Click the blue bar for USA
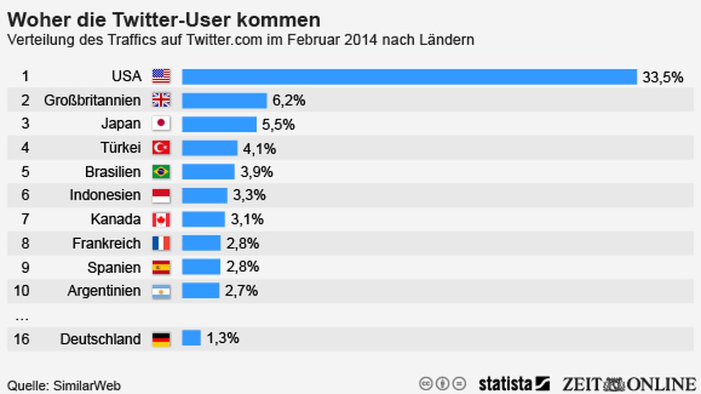409,77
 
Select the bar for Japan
219,124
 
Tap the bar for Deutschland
191,338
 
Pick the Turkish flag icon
161,147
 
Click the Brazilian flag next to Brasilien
161,171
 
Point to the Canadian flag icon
161,219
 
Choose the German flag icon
161,339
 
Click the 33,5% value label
663,77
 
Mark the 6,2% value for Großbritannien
289,101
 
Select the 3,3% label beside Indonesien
249,195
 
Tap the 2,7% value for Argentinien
241,291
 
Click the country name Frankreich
106,244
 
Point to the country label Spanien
114,267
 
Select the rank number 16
22,339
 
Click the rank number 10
22,291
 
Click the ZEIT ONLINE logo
629,384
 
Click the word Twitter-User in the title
161,20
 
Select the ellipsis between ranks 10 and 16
22,318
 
